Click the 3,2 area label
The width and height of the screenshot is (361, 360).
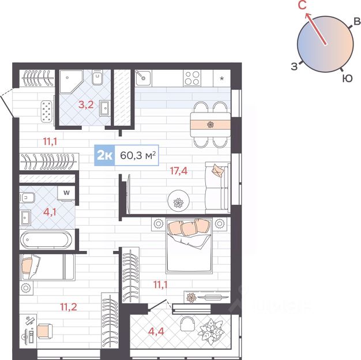pos(86,104)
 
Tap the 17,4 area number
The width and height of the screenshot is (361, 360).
pos(179,171)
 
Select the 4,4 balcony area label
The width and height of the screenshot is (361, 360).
pos(156,331)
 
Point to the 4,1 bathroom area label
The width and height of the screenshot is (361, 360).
pos(50,212)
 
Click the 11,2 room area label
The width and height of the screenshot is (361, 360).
pos(69,307)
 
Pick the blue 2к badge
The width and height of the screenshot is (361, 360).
pos(105,155)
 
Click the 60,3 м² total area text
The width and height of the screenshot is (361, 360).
pos(138,155)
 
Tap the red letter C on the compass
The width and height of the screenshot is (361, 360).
pos(302,5)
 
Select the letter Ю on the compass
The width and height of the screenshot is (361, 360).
pos(347,78)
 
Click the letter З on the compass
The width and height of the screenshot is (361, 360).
pos(294,66)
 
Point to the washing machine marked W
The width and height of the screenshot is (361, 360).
pos(66,193)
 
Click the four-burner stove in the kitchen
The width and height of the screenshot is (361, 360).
pos(193,78)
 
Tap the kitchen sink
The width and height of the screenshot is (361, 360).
pos(143,78)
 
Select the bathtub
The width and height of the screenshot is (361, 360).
pos(46,240)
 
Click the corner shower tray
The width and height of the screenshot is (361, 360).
pos(71,81)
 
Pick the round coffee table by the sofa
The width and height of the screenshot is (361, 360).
pos(179,201)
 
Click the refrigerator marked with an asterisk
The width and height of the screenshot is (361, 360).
pos(221,78)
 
